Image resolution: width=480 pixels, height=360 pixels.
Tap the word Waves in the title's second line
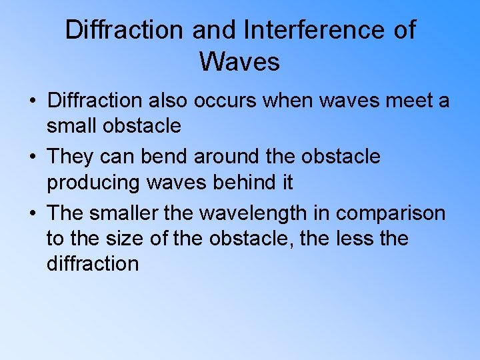click(x=239, y=62)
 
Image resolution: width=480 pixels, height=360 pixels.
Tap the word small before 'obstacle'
click(x=75, y=125)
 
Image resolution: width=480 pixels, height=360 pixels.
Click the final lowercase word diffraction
click(x=93, y=263)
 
